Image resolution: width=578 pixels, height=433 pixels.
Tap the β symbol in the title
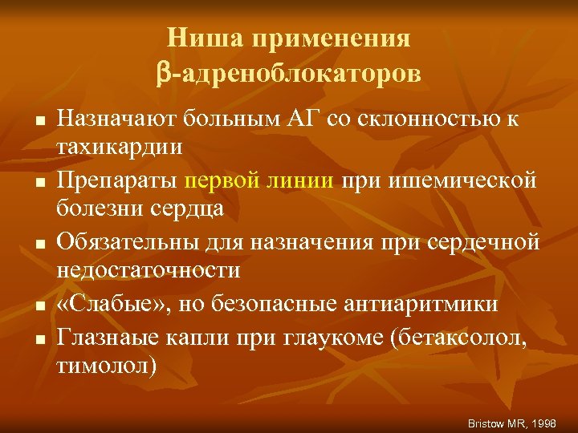click(x=164, y=73)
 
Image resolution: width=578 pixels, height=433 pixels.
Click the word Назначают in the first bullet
click(x=117, y=119)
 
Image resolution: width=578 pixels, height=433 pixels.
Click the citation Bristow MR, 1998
click(x=512, y=422)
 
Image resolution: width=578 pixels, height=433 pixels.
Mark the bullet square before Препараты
click(x=39, y=183)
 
